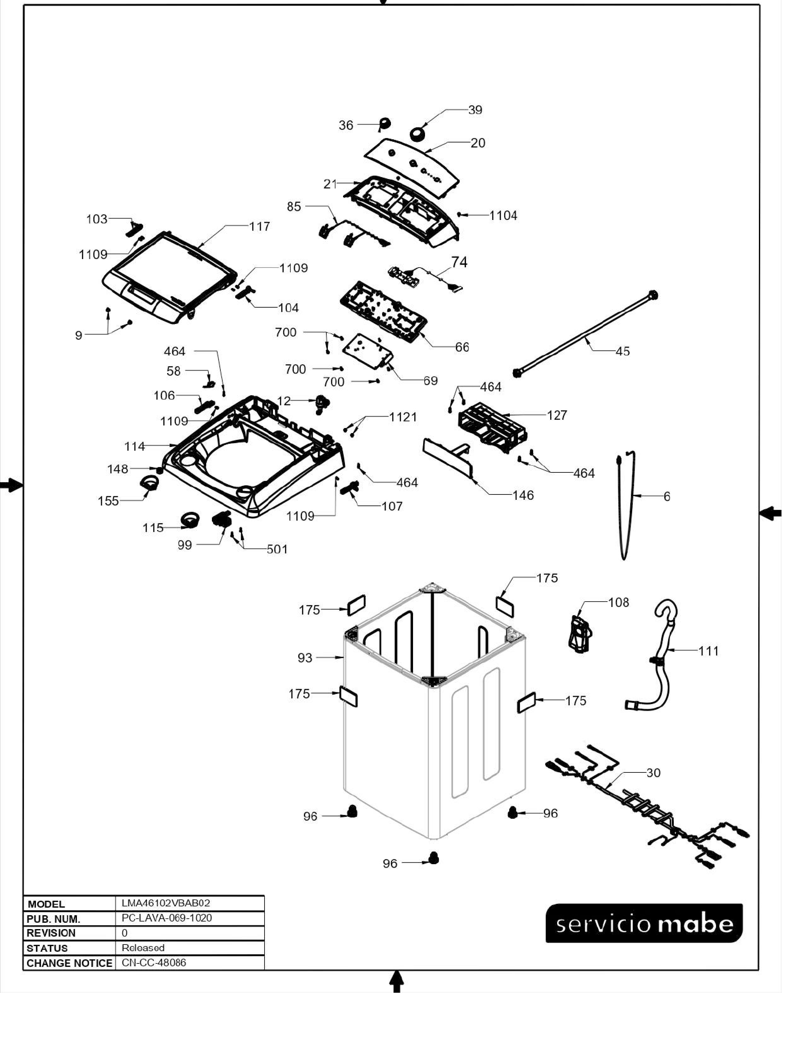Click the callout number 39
pos(475,110)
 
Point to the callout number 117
pos(259,227)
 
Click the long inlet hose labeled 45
pos(586,333)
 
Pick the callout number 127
pos(557,415)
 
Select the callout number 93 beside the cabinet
pos(305,658)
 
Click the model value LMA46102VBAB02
pos(166,903)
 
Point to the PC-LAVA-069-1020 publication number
pos(167,918)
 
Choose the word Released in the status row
pos(143,948)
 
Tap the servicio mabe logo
pos(644,924)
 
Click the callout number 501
pos(277,550)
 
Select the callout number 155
pos(108,501)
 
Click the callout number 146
pos(523,496)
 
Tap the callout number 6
pos(667,497)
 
